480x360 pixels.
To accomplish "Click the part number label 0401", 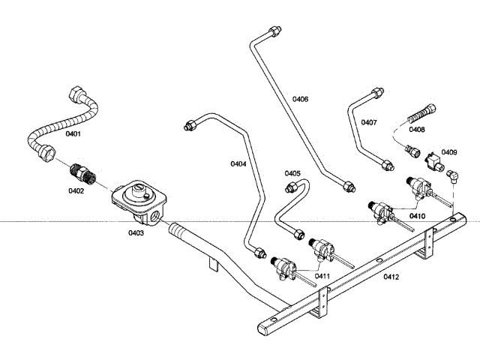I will point(73,135).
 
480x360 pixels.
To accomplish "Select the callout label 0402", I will point(76,190).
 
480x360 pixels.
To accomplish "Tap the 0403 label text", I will point(135,232).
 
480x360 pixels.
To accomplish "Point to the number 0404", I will point(238,163).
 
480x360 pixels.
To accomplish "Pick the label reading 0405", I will point(292,172).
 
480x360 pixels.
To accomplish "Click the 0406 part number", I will point(300,99).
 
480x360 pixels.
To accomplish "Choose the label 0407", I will point(369,122).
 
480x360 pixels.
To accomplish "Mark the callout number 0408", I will point(418,129).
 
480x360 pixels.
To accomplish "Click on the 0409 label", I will point(449,152).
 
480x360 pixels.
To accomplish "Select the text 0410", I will point(418,216).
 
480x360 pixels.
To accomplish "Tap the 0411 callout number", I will point(322,276).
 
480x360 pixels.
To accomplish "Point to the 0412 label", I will point(391,277).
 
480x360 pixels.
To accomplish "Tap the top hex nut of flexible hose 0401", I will point(77,96).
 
